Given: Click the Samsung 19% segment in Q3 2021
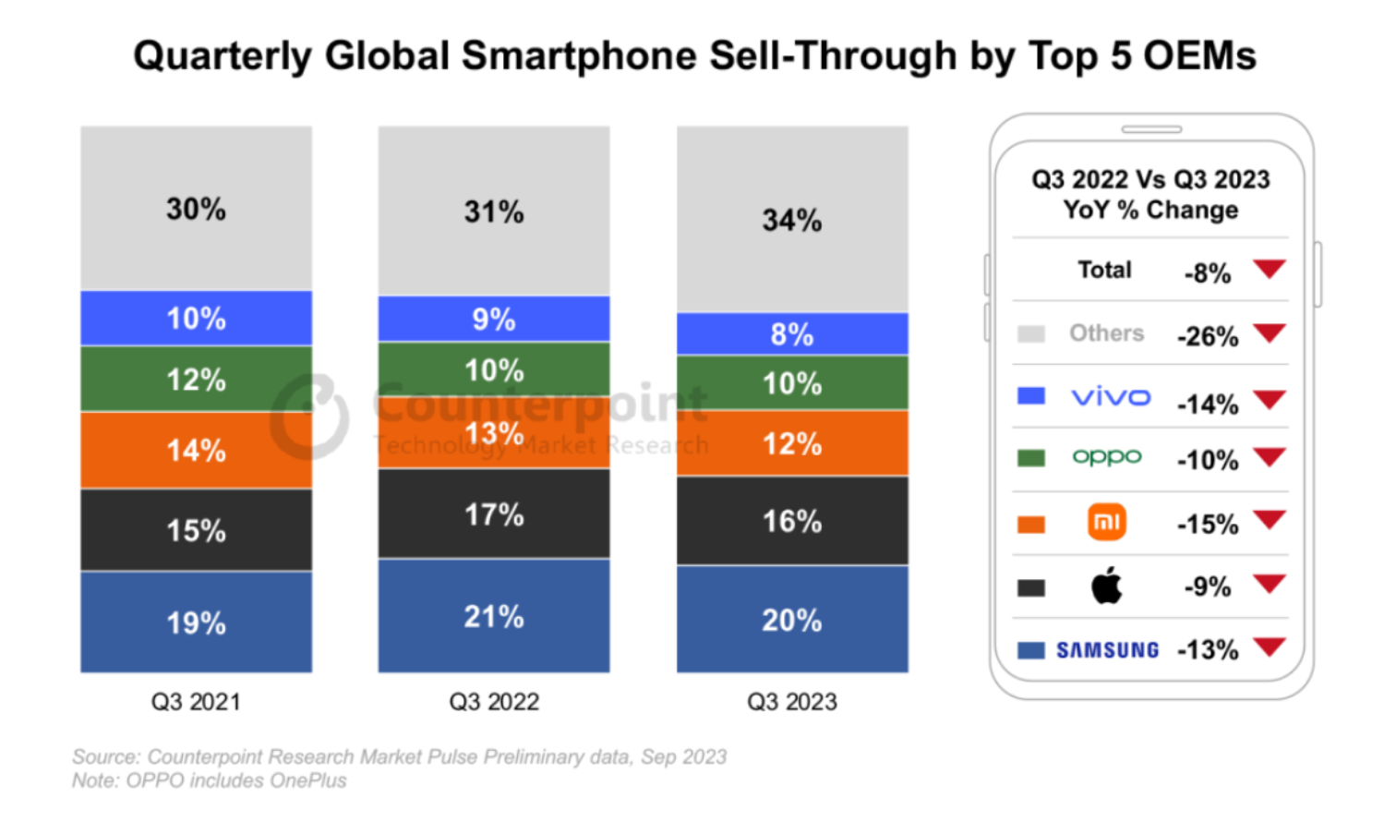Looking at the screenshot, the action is [196, 622].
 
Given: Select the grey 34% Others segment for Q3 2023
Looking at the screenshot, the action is [792, 220].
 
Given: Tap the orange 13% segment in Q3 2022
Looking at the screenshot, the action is [494, 432].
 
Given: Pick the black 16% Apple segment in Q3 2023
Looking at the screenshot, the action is [792, 521].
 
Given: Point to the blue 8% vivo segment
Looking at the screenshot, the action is [792, 333].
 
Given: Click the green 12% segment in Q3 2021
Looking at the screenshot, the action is [196, 379].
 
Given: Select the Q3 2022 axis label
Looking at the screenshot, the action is [494, 702].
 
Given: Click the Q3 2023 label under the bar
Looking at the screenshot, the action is [792, 702].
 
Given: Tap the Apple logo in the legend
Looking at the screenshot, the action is [1107, 585].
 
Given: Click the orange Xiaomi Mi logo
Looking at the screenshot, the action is [1107, 522].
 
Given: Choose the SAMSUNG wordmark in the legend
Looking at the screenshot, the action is [1107, 650].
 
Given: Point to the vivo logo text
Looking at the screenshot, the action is [1111, 397].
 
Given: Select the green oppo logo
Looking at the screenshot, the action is [1107, 457].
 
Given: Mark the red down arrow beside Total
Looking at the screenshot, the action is [1270, 269].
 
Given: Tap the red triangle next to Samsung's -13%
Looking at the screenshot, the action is [1270, 647].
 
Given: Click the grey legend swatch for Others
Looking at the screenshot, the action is [1031, 333].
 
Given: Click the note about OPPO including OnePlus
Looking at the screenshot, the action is [210, 780].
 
